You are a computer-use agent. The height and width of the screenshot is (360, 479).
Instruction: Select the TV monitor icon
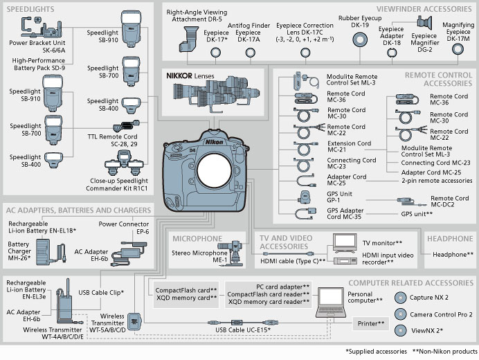pos(344,241)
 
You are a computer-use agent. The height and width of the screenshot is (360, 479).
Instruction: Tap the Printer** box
pos(371,324)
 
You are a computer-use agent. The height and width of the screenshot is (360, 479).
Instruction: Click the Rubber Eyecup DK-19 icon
pos(359,39)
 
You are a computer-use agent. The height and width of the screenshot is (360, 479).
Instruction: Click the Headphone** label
pos(453,255)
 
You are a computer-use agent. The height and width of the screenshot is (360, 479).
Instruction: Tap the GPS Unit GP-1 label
pos(339,197)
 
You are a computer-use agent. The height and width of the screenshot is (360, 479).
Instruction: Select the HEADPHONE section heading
pos(450,239)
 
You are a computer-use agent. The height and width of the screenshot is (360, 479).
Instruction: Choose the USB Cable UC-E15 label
pos(242,330)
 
